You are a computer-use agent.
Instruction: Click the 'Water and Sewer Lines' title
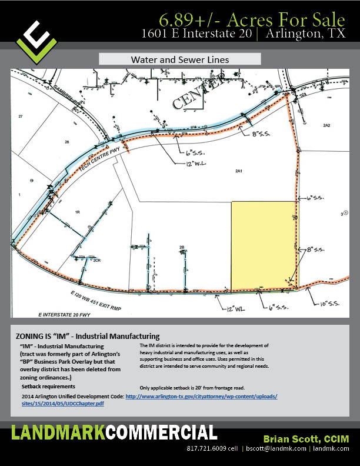[x=179, y=59]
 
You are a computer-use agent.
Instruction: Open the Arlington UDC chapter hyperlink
[x=200, y=400]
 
